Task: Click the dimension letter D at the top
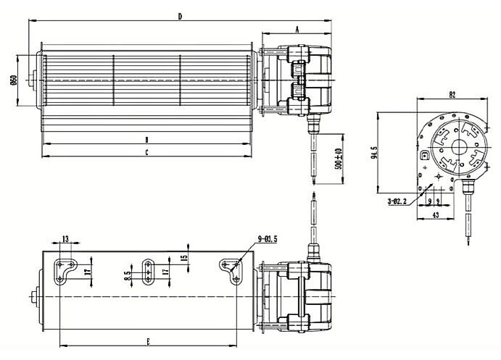180,16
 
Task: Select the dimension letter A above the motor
297,28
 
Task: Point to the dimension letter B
146,139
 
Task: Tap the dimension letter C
146,152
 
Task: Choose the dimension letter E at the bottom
149,340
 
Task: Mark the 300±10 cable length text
337,161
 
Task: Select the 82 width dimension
451,95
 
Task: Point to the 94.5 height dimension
374,154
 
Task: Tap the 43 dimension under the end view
436,216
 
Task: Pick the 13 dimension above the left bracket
65,238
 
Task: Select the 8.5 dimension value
127,275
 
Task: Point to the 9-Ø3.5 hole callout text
268,238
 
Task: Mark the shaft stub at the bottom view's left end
33,298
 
